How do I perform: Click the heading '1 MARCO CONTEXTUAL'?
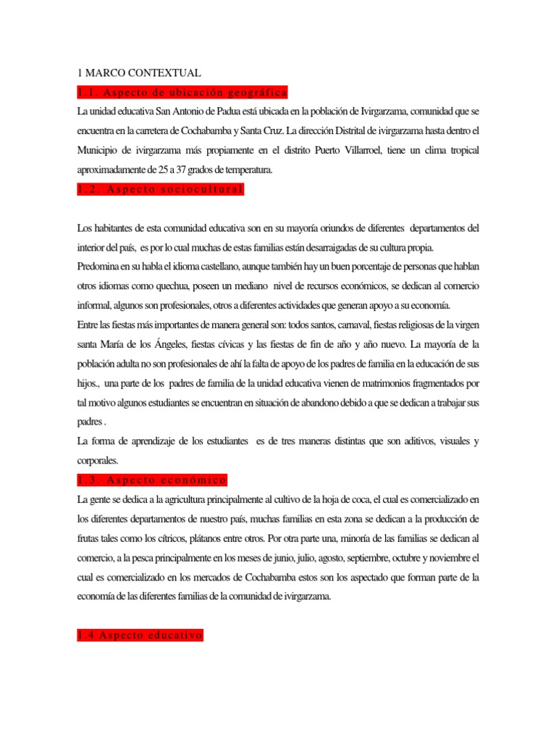pos(138,73)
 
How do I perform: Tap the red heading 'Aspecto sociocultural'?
pos(161,190)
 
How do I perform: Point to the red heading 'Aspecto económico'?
pos(152,480)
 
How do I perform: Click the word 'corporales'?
pos(101,461)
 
